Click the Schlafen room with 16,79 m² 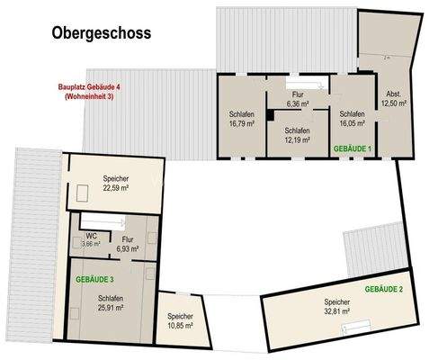(241, 119)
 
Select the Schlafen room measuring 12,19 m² (296, 135)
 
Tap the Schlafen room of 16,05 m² (352, 119)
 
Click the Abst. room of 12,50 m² (394, 99)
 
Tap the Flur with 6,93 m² (128, 244)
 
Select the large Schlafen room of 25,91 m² (111, 302)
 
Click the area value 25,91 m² (111, 308)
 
